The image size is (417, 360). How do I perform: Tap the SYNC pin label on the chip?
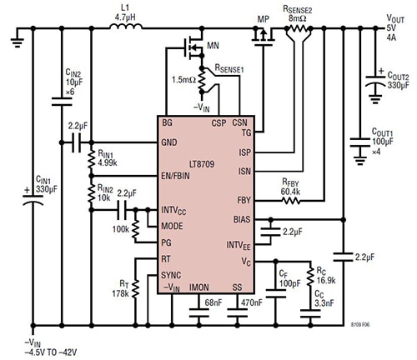pos(172,274)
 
